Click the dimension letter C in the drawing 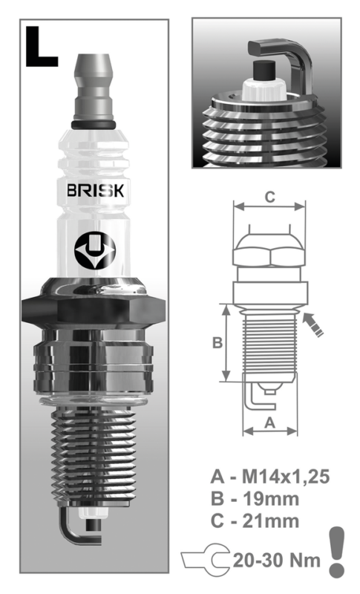click(x=270, y=197)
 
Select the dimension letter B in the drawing click(x=217, y=342)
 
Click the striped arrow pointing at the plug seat click(x=316, y=324)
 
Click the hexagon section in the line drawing click(x=270, y=255)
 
